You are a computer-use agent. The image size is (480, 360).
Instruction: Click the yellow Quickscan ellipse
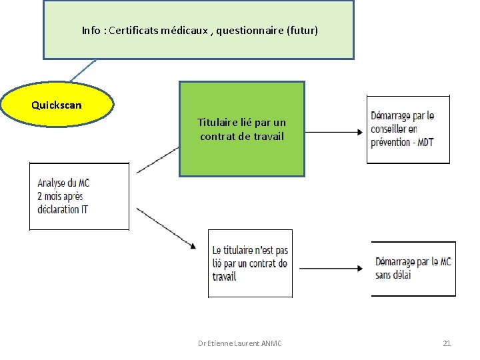tap(57, 105)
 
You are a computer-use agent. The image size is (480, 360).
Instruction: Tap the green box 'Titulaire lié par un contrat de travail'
tap(241, 129)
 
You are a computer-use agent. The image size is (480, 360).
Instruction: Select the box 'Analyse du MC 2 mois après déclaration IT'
tap(79, 196)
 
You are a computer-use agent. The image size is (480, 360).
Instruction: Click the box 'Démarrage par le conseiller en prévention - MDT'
tap(408, 129)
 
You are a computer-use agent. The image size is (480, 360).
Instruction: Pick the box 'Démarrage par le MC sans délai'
tap(413, 268)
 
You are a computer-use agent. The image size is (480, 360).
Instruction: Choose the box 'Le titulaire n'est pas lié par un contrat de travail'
tap(250, 263)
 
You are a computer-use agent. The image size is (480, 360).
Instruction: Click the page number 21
tap(447, 343)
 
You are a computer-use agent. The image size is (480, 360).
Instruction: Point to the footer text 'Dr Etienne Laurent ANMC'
tap(240, 343)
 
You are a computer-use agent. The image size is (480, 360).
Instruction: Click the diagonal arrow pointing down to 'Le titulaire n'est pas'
tap(167, 229)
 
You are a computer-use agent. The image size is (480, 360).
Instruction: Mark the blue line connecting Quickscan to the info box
tap(84, 71)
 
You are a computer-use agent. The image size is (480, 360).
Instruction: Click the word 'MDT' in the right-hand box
tap(425, 142)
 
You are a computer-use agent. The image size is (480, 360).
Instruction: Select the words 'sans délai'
tap(393, 275)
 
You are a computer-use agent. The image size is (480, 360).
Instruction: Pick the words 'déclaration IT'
tap(63, 209)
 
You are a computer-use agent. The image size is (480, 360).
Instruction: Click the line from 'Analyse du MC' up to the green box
tap(157, 161)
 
